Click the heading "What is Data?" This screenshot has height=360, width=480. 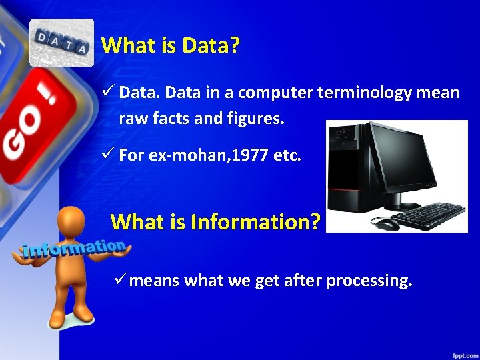coord(171,46)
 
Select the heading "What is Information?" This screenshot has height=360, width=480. coord(215,221)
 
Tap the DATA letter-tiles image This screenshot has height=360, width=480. coord(62,43)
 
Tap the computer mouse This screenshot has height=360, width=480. coord(387,223)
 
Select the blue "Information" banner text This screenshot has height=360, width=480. coord(73,249)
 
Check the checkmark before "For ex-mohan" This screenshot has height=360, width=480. coord(109,155)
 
